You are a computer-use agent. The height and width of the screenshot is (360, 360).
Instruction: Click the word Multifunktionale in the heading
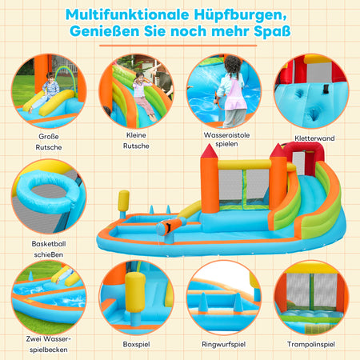point(127,14)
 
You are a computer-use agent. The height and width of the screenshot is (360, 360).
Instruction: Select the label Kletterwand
point(314,138)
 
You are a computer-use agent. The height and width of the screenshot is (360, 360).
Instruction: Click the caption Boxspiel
point(136,344)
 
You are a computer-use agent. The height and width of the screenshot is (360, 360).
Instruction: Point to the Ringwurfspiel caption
point(223,344)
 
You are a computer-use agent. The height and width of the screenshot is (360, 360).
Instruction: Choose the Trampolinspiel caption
point(311,344)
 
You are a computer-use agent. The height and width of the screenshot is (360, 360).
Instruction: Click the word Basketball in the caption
point(49,243)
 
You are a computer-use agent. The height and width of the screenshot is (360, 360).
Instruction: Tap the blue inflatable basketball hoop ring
point(46,191)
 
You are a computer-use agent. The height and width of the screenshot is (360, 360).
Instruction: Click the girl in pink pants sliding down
point(142,94)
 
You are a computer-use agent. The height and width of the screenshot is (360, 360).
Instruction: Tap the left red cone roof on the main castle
point(209,151)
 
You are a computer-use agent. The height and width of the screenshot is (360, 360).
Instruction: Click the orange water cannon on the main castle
point(170,226)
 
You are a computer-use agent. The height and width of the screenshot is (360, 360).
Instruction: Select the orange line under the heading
point(178,46)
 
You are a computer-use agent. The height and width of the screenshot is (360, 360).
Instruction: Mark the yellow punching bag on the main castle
point(124,201)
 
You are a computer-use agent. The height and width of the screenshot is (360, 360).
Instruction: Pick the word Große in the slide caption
point(49,136)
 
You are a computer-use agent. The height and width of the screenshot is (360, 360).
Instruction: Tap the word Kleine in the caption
point(136,135)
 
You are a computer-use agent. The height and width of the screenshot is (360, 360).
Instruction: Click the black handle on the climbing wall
point(326,89)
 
